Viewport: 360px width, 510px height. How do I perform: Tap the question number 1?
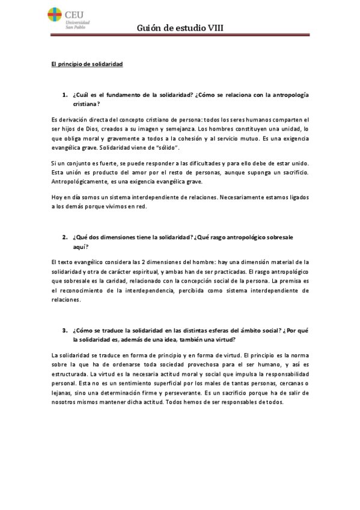pos(64,95)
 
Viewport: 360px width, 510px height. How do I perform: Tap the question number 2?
pos(64,238)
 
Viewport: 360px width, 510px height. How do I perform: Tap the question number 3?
pos(64,330)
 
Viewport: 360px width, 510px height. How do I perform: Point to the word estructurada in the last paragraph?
pos(69,372)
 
